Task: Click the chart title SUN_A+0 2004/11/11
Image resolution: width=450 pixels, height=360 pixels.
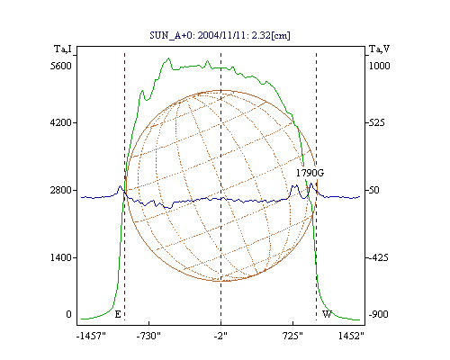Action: (220, 35)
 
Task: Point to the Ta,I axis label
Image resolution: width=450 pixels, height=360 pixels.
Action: (63, 49)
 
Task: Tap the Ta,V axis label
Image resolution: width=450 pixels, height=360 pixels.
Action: (379, 49)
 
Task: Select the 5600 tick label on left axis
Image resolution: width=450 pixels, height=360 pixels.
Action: (61, 66)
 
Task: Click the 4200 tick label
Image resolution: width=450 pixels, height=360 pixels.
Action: (61, 122)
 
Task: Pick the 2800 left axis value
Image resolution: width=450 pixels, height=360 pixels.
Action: (61, 190)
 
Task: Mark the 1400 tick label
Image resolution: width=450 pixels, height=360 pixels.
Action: (61, 257)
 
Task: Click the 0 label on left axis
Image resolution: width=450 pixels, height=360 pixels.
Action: (68, 314)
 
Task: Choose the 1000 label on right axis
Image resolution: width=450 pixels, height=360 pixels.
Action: (379, 66)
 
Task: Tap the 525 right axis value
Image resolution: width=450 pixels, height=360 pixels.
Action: (376, 122)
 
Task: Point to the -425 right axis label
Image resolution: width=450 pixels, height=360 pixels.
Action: (378, 257)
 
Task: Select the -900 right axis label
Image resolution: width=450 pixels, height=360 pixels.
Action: (378, 314)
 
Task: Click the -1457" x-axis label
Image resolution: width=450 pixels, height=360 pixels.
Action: (91, 337)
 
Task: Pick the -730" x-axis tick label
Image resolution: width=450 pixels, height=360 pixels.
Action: (148, 337)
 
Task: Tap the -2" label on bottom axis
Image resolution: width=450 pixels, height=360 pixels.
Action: (220, 337)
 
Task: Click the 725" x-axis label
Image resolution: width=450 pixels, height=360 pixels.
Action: (292, 337)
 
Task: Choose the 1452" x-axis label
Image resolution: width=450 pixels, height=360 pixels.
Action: (351, 337)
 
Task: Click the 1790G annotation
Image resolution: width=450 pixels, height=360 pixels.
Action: (310, 173)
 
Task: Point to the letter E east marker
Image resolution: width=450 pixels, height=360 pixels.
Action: (118, 314)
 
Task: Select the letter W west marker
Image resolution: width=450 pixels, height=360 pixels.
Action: (327, 314)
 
